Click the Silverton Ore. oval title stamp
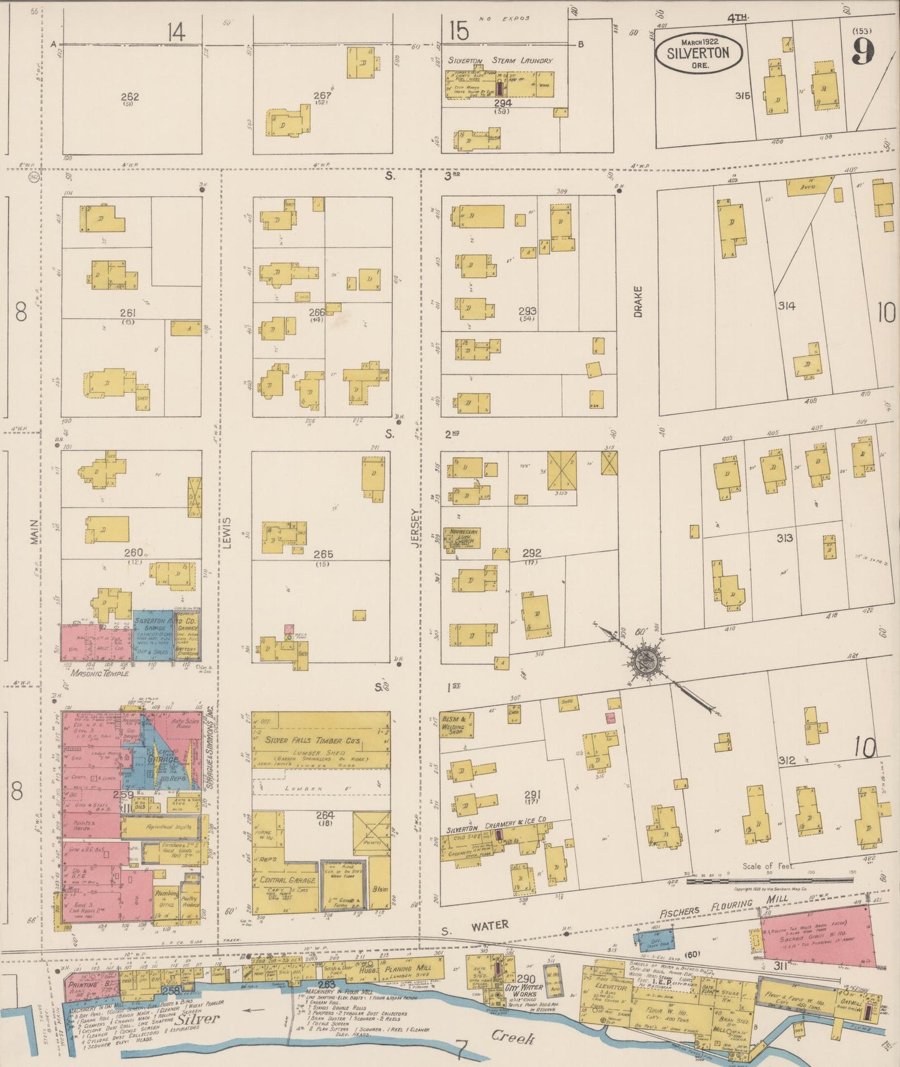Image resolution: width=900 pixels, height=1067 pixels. [698, 52]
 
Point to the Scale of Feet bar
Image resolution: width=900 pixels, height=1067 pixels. [770, 880]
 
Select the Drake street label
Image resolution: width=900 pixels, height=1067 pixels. [638, 301]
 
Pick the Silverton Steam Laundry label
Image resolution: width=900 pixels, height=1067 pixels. [501, 61]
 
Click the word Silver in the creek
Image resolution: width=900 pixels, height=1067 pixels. [196, 1019]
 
